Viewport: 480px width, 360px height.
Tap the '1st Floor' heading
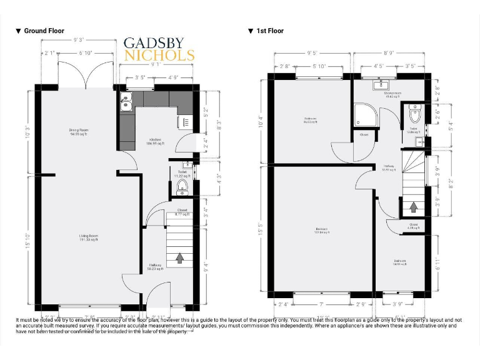point(269,31)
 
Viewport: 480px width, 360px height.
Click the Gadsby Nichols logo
point(159,49)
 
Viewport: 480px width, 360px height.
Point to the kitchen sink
point(126,102)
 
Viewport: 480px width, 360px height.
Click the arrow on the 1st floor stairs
point(412,206)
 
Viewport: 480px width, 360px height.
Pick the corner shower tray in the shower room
point(362,114)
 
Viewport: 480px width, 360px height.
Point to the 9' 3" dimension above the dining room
point(79,40)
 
